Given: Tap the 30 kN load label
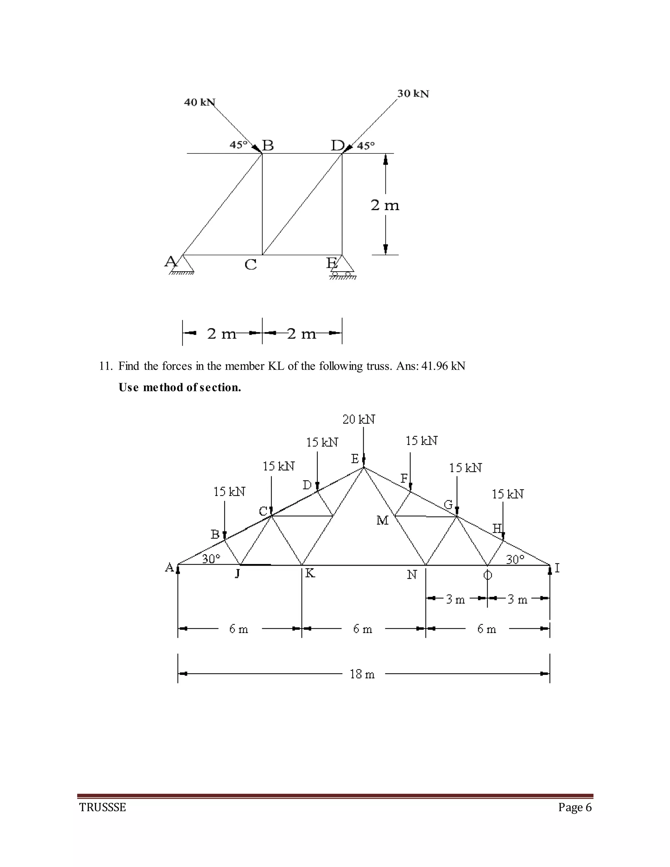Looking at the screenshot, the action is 413,94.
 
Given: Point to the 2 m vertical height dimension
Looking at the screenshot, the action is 385,205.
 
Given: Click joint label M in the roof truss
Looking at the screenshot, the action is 382,520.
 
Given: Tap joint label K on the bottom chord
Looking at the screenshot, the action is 310,573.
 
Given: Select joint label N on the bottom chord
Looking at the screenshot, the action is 412,575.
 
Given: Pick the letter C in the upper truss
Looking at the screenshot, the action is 251,264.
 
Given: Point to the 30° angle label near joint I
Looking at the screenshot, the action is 515,560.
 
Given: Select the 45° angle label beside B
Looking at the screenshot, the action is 238,145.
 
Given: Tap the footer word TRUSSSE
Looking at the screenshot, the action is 102,807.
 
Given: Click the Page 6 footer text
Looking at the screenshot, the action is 575,807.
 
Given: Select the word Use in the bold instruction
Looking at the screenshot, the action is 128,387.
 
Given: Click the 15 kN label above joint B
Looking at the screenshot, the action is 229,492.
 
